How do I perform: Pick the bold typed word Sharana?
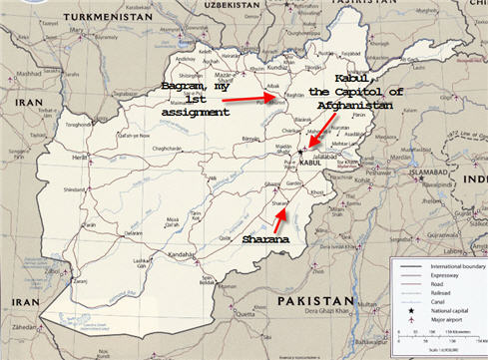click(267, 240)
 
